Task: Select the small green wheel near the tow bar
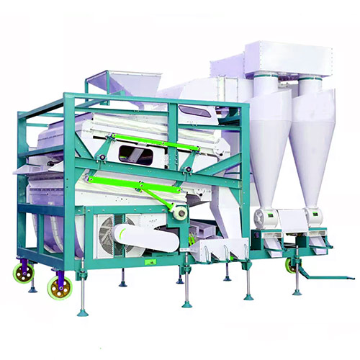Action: (x=291, y=266)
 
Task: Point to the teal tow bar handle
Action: (x=328, y=276)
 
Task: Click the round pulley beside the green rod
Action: (x=180, y=212)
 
